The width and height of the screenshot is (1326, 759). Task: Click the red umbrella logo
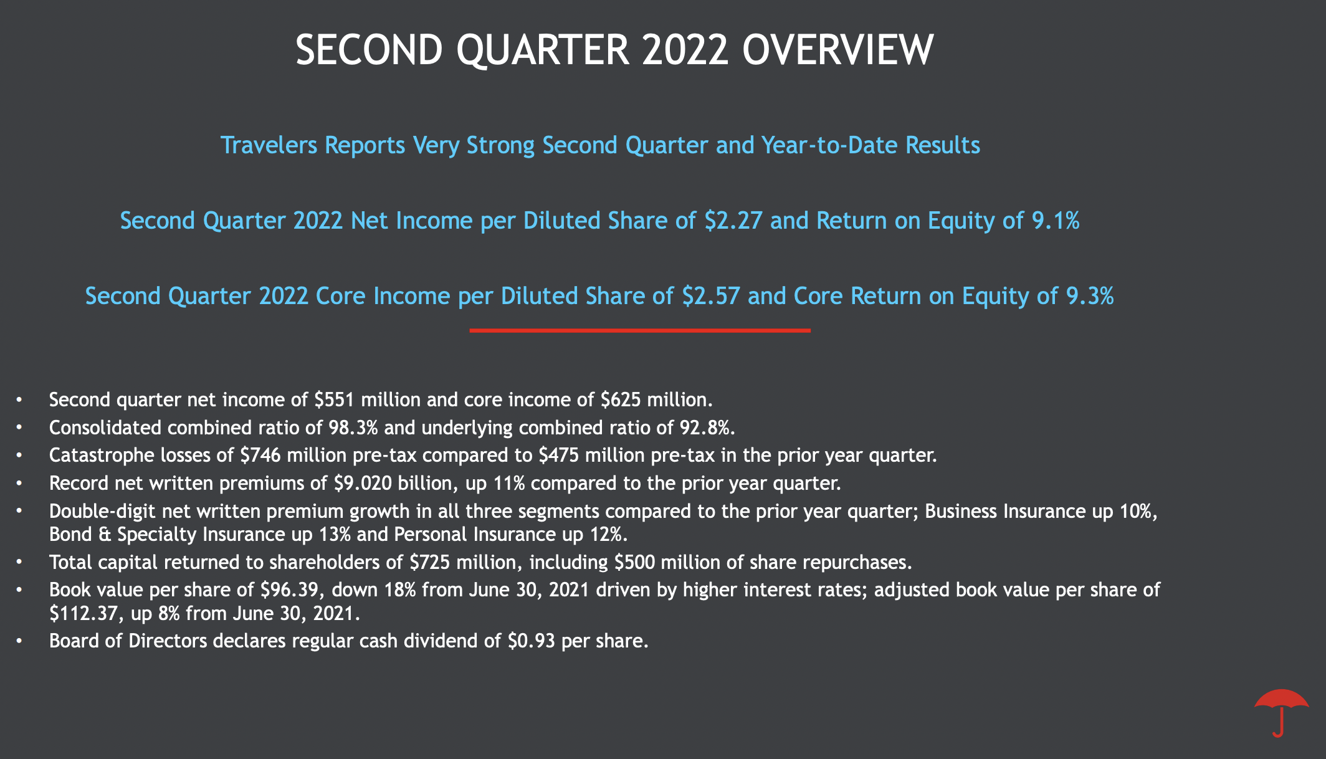click(1281, 712)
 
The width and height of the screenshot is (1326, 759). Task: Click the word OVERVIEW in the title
click(837, 50)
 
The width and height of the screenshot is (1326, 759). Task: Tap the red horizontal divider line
click(640, 330)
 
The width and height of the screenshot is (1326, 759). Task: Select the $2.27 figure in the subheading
click(733, 221)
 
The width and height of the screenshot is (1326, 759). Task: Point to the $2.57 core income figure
click(711, 296)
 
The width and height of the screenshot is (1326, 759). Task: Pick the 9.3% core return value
click(1090, 296)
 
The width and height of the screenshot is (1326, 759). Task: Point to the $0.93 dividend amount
click(532, 641)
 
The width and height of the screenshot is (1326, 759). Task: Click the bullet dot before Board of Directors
click(20, 641)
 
